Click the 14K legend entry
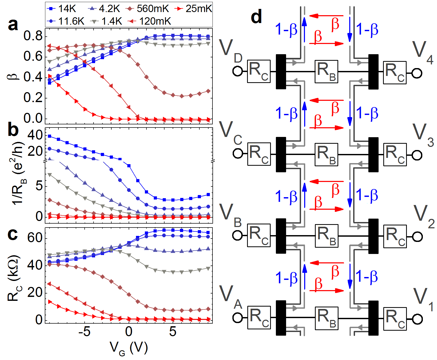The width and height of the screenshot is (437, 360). tap(62, 9)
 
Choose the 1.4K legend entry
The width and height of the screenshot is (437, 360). tap(106, 21)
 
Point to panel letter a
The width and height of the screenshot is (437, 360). tap(13, 25)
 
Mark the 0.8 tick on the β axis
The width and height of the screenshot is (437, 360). tap(33, 36)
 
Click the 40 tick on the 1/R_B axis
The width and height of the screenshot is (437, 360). tap(35, 135)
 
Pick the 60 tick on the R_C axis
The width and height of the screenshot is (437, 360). tap(35, 238)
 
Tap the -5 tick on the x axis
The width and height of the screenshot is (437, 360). tap(84, 332)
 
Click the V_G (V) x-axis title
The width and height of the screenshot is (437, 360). tap(129, 348)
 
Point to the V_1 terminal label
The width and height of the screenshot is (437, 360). tap(423, 300)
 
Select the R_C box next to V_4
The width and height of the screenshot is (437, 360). tap(395, 73)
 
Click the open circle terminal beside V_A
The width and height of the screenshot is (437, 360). tap(238, 318)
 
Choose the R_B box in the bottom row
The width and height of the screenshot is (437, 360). tap(326, 318)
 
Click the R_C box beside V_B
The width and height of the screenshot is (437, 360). tap(259, 235)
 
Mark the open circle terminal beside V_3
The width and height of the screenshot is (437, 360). tap(417, 155)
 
